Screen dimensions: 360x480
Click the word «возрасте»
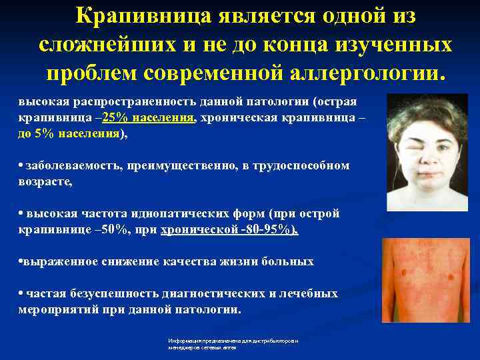(44, 181)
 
